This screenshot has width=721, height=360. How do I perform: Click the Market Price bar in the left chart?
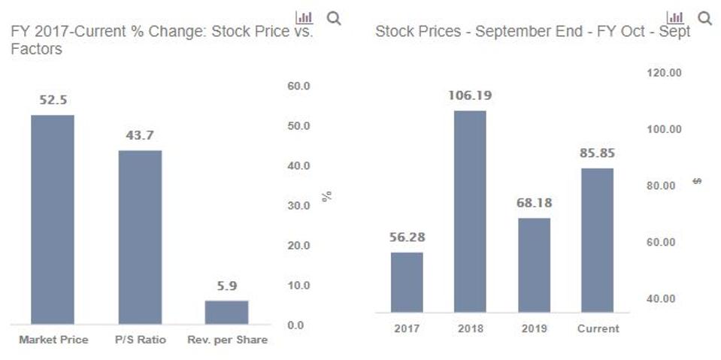(x=53, y=219)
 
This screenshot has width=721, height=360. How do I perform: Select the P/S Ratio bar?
(x=140, y=237)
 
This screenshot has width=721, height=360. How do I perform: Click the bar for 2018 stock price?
(x=470, y=211)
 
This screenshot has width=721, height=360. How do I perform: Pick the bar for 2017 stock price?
(x=407, y=282)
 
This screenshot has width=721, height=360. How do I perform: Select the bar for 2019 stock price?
(x=534, y=265)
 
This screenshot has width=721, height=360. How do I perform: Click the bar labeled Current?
(x=597, y=240)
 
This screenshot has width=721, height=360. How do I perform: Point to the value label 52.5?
(x=53, y=100)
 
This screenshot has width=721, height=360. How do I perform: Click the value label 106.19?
(x=470, y=95)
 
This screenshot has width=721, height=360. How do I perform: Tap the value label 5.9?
(x=226, y=286)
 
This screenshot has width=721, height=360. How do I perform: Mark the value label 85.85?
(x=597, y=153)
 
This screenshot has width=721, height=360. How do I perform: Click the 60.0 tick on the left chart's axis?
(x=298, y=86)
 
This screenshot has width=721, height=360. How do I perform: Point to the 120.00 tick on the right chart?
(x=665, y=72)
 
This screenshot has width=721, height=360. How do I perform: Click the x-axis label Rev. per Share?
(x=227, y=340)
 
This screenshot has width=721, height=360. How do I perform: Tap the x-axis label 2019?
(x=534, y=328)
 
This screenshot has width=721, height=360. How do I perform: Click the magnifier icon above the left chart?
(x=334, y=18)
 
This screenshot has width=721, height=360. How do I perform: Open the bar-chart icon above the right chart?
(x=676, y=17)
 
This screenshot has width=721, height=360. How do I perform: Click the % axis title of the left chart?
(x=326, y=196)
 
